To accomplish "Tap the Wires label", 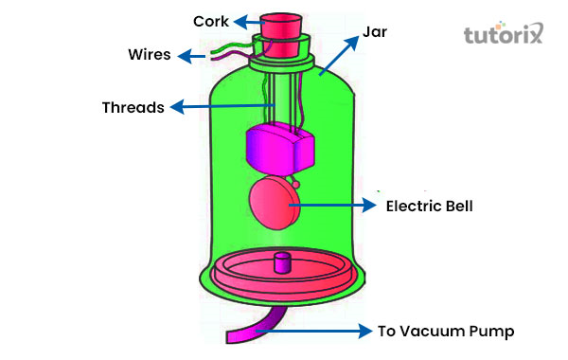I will pyautogui.click(x=150, y=54).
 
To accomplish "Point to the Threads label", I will pyautogui.click(x=133, y=107).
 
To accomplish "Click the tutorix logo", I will pyautogui.click(x=506, y=36).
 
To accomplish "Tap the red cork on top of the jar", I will pyautogui.click(x=282, y=25).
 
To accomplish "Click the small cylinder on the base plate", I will pyautogui.click(x=281, y=262).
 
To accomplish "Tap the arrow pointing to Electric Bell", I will pyautogui.click(x=331, y=204).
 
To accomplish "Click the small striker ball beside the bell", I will pyautogui.click(x=297, y=184).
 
